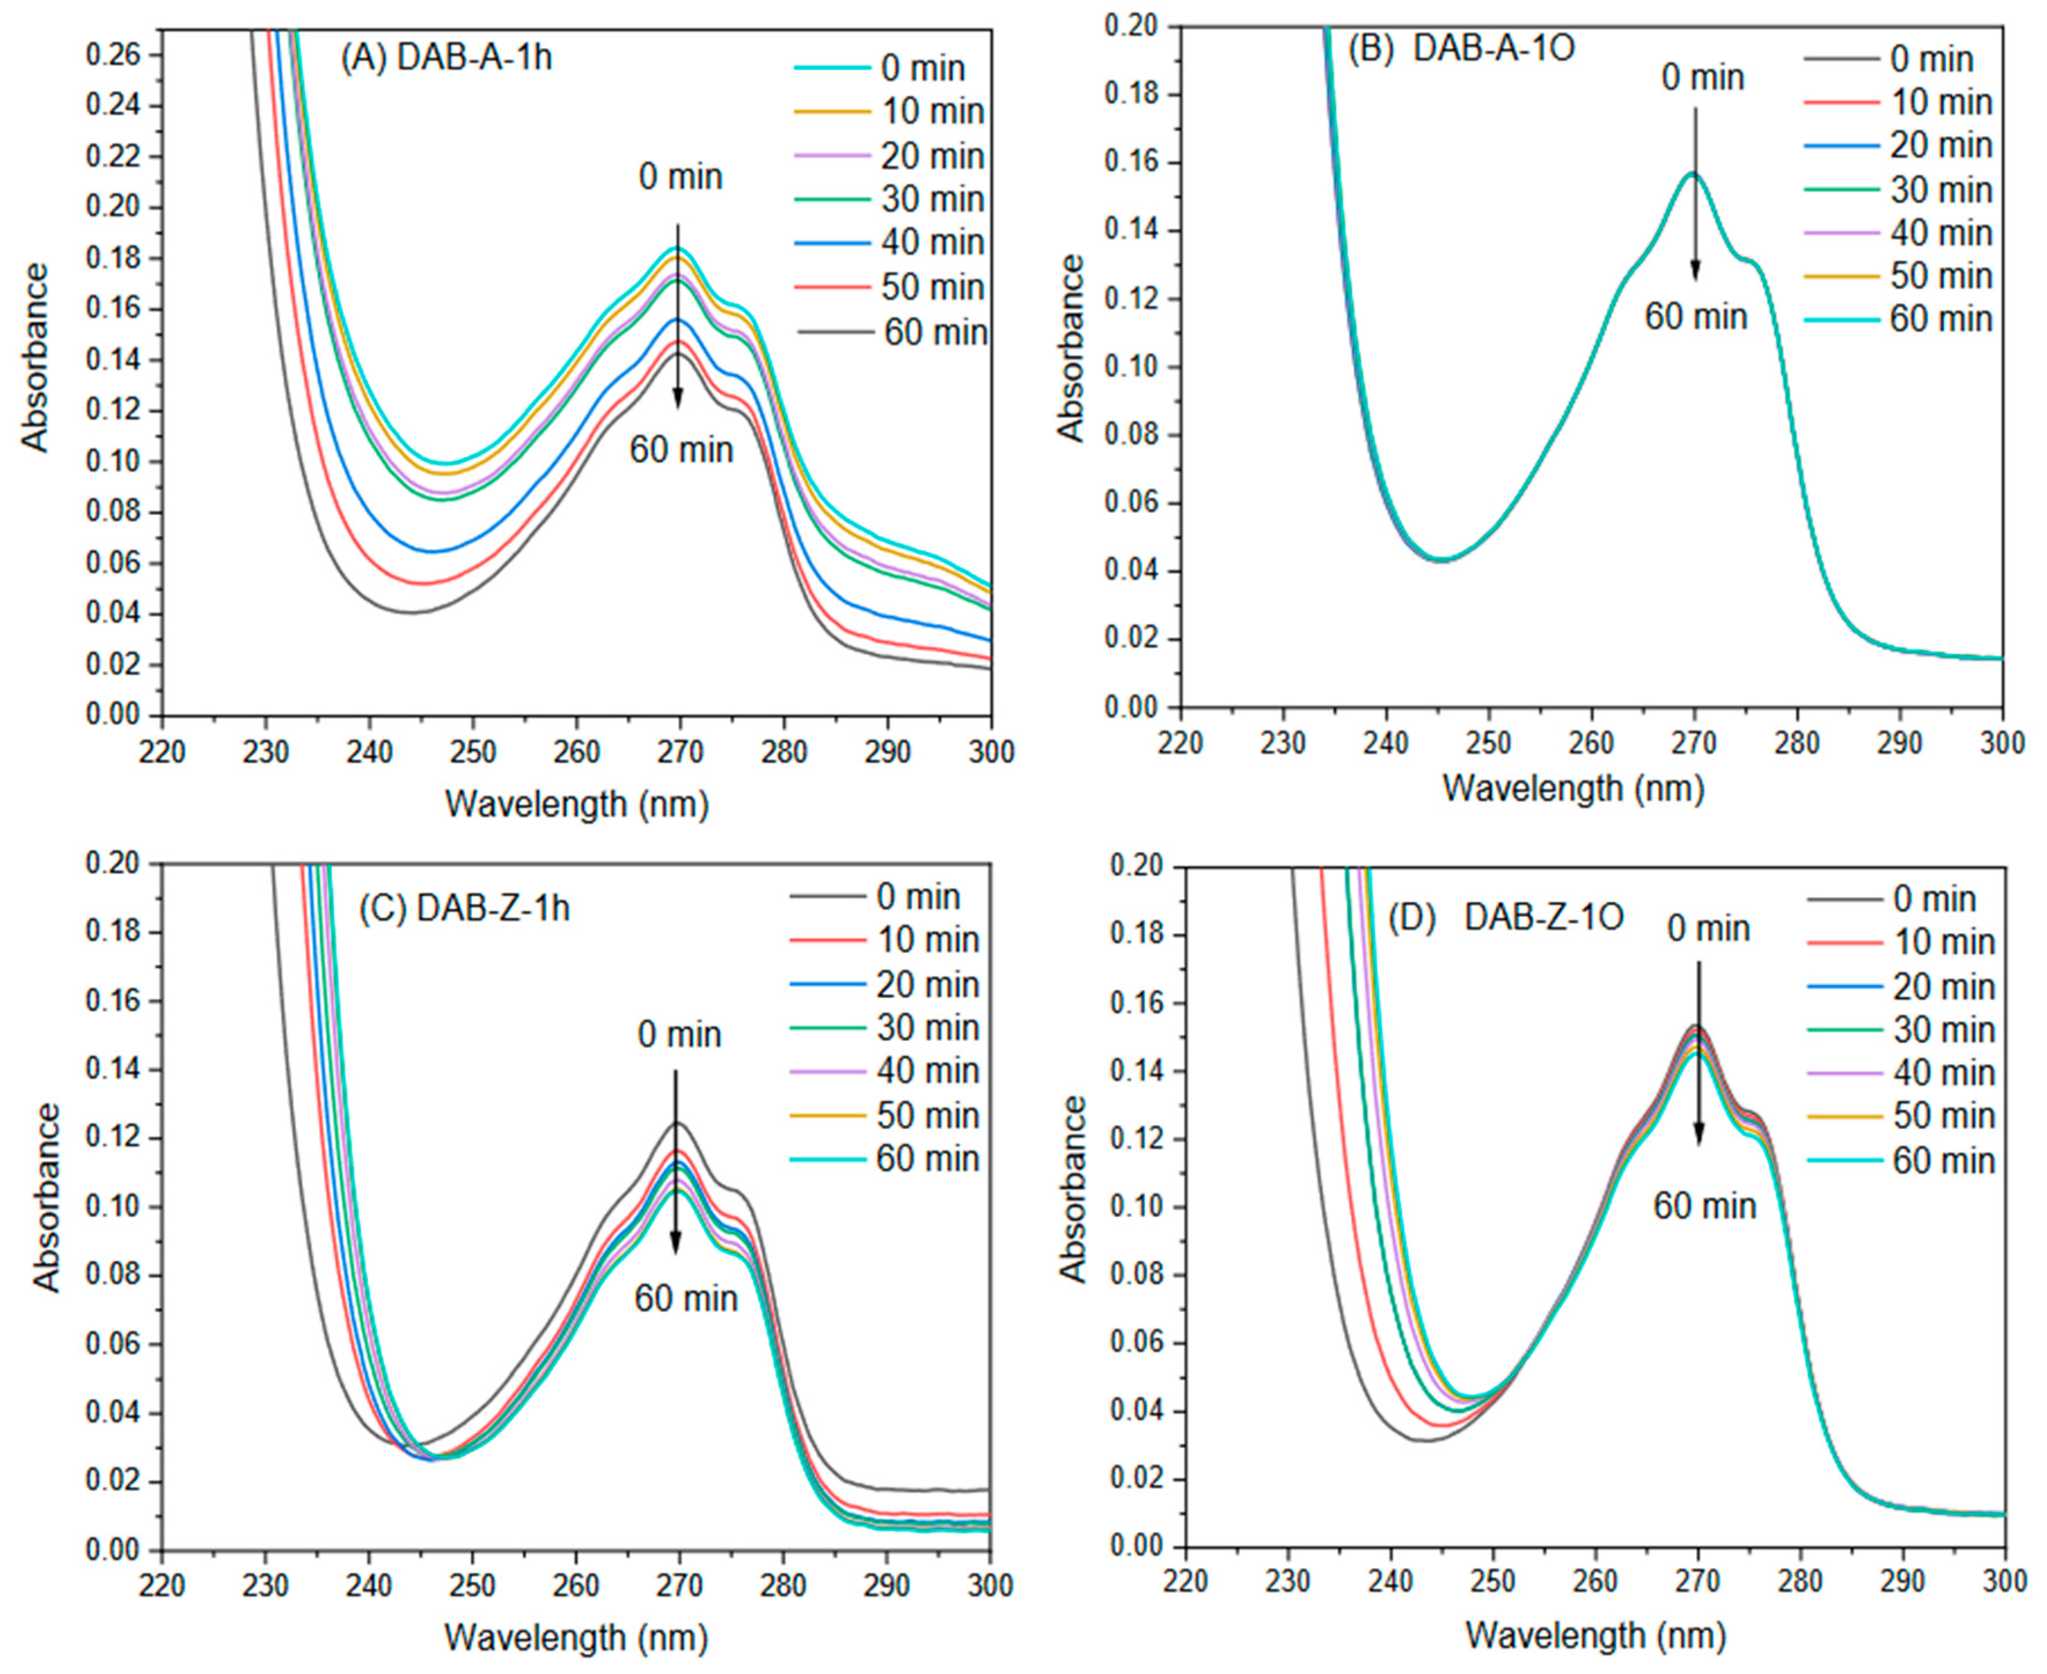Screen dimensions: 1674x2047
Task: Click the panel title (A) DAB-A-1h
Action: (446, 58)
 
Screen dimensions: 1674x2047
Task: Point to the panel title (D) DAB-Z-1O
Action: (1505, 916)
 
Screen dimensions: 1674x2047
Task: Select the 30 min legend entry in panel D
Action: (1900, 1029)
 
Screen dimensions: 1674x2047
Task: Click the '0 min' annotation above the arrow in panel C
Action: (679, 1035)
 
